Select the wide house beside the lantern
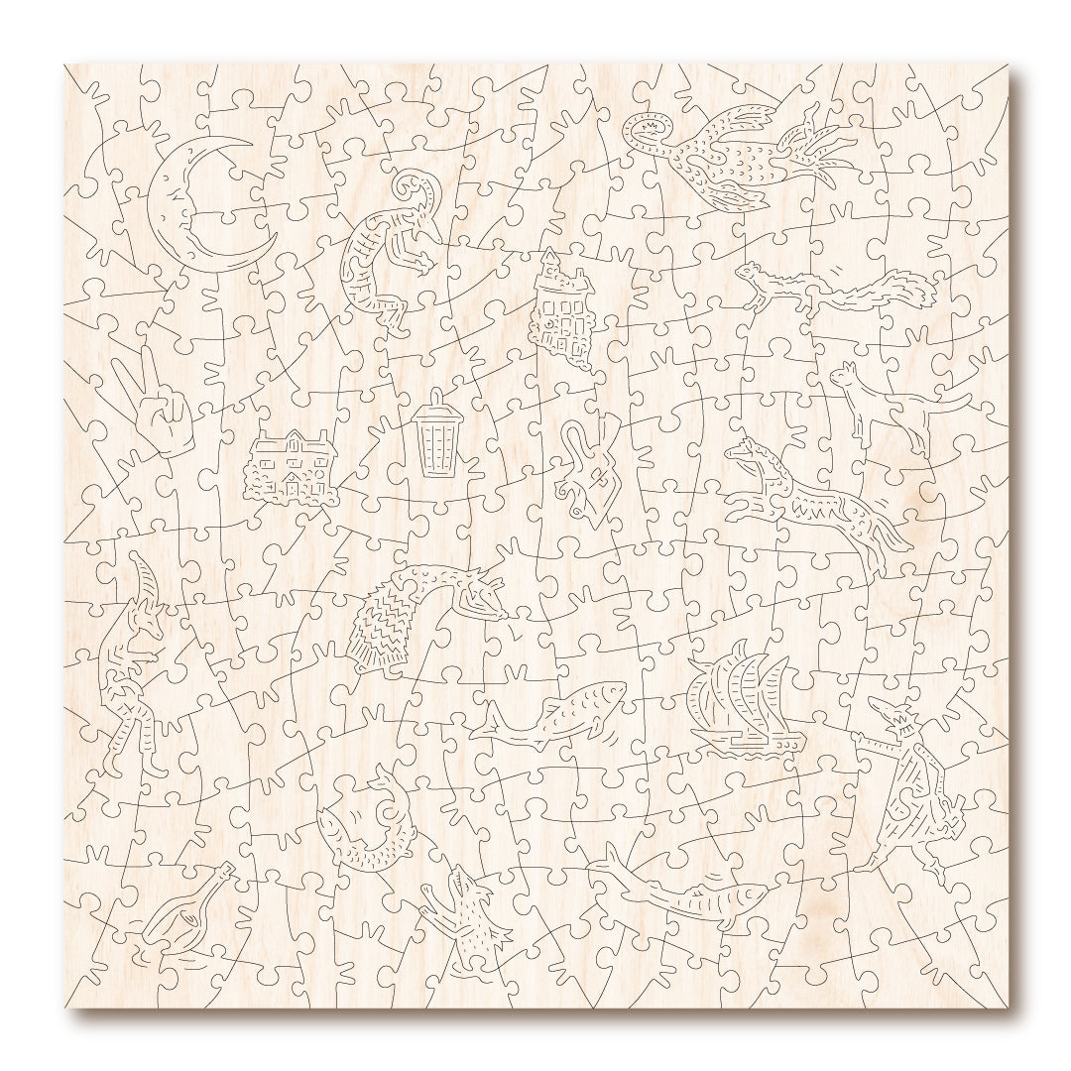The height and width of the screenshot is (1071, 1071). (291, 469)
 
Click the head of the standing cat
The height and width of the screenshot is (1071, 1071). (846, 377)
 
